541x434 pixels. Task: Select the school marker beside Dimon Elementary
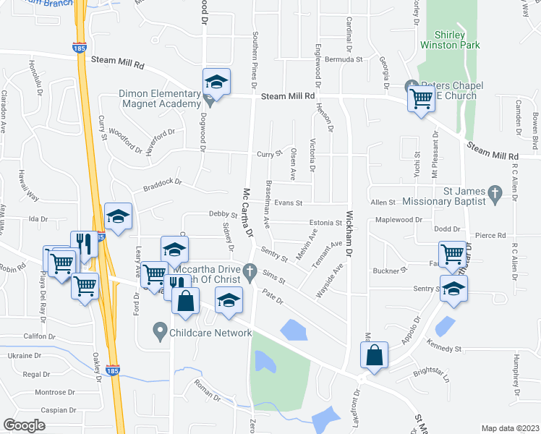(x=216, y=82)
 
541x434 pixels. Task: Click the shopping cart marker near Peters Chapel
(x=421, y=97)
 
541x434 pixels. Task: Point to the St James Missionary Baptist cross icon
(x=495, y=192)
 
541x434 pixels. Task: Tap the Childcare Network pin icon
(x=161, y=333)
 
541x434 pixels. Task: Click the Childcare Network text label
(x=210, y=333)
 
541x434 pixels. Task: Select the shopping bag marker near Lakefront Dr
(x=374, y=356)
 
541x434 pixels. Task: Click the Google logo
(x=25, y=425)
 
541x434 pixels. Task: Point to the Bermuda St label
(x=344, y=59)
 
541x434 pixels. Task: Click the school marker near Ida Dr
(x=119, y=216)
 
